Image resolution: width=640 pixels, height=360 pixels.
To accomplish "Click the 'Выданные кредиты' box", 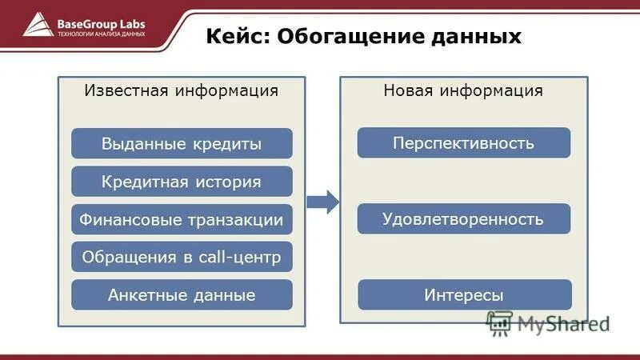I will [x=182, y=144].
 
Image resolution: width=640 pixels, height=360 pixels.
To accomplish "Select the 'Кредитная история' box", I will [x=182, y=182].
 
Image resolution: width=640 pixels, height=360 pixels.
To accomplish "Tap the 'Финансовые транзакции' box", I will [x=182, y=219].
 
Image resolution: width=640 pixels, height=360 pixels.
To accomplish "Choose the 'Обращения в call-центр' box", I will [x=182, y=257].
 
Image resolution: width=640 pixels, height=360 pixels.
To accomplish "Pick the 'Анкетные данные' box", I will [x=182, y=295].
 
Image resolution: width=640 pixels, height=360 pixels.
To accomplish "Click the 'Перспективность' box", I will [x=463, y=143].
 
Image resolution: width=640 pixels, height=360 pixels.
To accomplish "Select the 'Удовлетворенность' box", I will [x=463, y=219].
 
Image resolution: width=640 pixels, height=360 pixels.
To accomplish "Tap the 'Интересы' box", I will [x=463, y=295].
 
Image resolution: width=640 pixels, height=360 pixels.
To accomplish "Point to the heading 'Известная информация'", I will [x=182, y=90].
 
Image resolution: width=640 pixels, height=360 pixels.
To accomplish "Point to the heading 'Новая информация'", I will [x=463, y=90].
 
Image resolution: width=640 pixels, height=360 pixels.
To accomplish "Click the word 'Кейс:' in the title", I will [x=237, y=37].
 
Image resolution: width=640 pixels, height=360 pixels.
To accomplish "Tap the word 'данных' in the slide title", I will [x=478, y=37].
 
